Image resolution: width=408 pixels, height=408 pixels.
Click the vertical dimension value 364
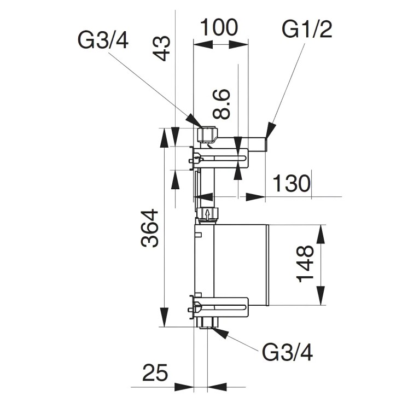pyautogui.click(x=150, y=228)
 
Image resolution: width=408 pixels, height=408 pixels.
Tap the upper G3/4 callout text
pyautogui.click(x=103, y=41)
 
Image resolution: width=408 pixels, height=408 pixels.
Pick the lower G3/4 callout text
pyautogui.click(x=288, y=353)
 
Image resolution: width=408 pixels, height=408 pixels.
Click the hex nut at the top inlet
pyautogui.click(x=207, y=135)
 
